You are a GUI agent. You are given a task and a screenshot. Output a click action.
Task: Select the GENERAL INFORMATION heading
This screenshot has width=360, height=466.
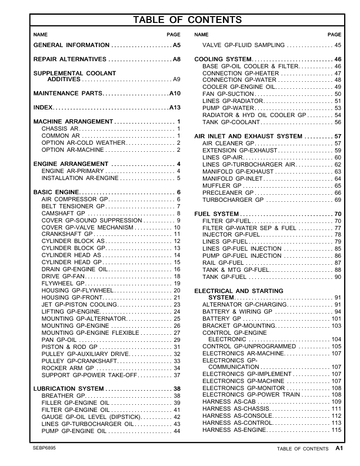click(x=71, y=45)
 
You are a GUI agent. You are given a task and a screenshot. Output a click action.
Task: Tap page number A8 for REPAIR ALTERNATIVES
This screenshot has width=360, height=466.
click(x=176, y=60)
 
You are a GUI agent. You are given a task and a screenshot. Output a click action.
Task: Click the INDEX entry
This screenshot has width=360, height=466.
click(x=43, y=108)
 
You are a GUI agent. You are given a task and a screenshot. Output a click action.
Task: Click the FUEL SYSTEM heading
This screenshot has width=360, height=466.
click(x=216, y=214)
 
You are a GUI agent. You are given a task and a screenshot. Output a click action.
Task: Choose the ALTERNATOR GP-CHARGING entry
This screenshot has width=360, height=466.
click(x=241, y=305)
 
